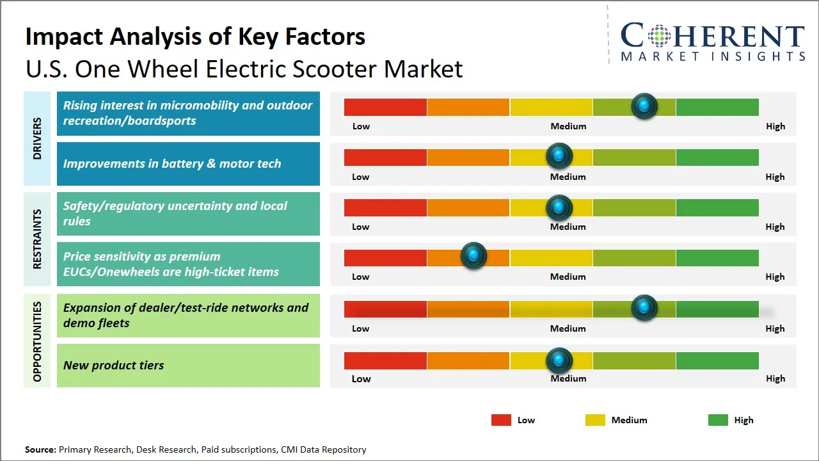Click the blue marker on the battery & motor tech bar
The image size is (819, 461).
pos(559,156)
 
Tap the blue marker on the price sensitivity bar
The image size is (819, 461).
pos(473,256)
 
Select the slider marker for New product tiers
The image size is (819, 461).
pos(559,360)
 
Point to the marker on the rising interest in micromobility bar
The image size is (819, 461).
pos(644,106)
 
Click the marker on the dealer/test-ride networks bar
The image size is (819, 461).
pos(644,308)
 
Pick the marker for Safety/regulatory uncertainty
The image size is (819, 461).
pos(559,207)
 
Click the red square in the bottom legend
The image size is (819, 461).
pos(501,420)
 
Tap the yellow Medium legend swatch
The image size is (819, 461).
pos(595,420)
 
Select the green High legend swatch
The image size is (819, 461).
pos(718,420)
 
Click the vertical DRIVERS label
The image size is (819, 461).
pos(36,138)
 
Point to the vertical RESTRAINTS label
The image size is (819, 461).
pos(36,239)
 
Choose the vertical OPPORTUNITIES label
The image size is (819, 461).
pos(36,341)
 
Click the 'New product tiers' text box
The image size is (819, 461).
pos(188,366)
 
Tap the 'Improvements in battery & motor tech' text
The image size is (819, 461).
pos(172,164)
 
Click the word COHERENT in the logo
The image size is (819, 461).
pos(713,36)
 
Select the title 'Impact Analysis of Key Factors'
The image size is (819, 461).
pos(195,37)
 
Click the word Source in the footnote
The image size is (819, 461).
pos(40,449)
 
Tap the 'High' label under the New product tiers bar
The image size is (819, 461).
pos(775,378)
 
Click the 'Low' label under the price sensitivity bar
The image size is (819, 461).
pos(361,277)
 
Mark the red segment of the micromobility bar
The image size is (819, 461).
pos(385,107)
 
